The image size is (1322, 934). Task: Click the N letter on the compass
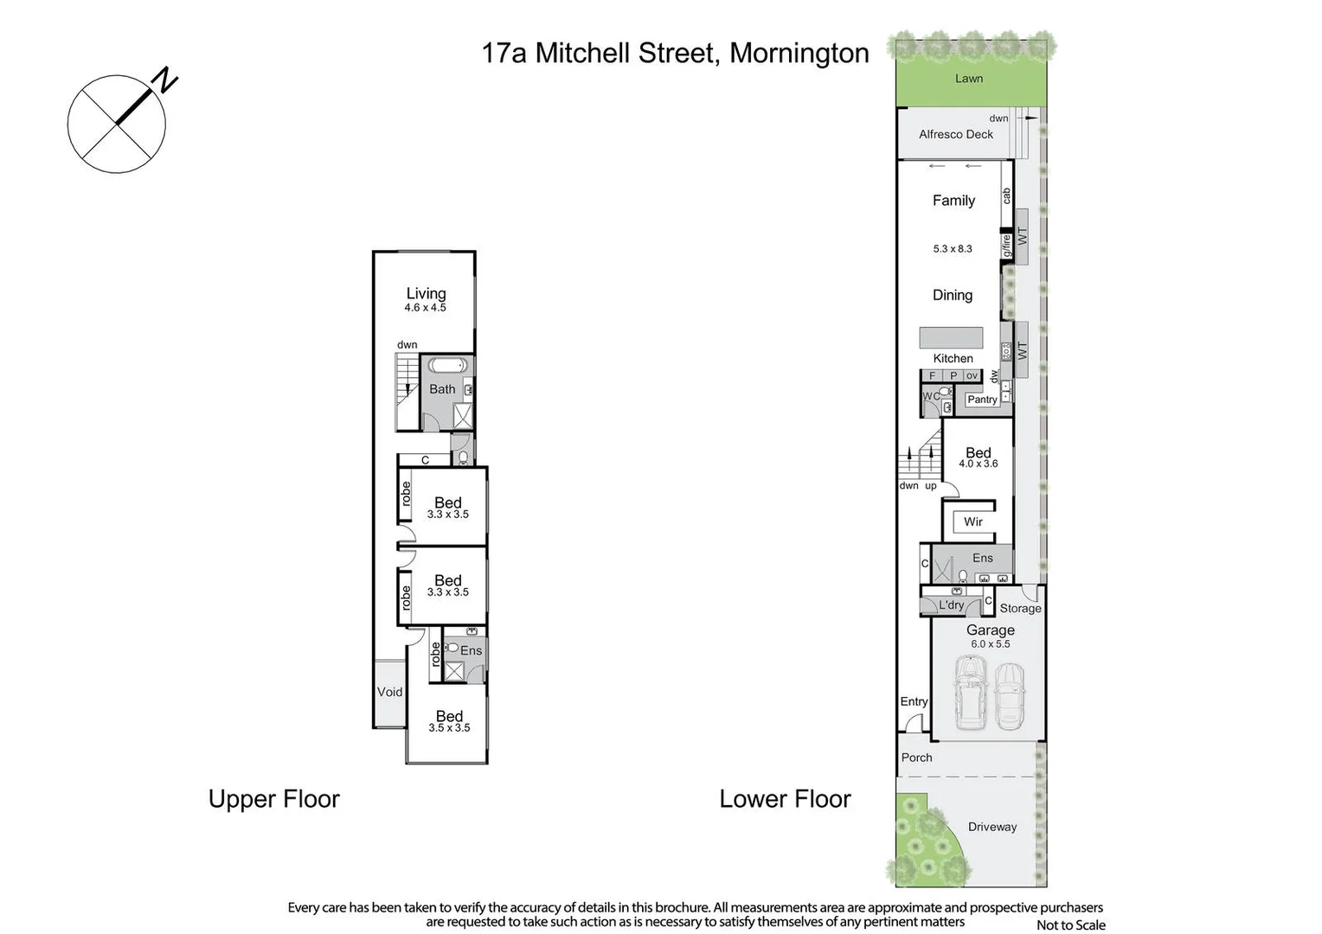(164, 81)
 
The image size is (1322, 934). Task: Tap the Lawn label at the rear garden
(968, 79)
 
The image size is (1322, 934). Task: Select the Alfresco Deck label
(955, 134)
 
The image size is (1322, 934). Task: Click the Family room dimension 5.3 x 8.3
(952, 249)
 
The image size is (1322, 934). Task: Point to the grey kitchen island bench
(951, 337)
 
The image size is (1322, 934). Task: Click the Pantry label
(982, 400)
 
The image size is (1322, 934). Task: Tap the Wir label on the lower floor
(973, 521)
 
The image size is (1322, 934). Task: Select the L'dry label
(951, 605)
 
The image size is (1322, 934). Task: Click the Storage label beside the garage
(1020, 609)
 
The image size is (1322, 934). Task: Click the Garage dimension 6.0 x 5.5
(990, 644)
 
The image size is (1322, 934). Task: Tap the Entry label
(914, 701)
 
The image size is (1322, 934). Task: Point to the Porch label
(916, 758)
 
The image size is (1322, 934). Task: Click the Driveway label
(992, 827)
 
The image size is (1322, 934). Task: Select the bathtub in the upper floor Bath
(447, 365)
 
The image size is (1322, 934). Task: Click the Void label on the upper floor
(389, 692)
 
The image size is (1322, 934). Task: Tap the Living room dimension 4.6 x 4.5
(425, 308)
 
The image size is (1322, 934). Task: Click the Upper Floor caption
(273, 799)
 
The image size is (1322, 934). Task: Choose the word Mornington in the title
(799, 53)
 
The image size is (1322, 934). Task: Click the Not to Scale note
(1070, 925)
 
